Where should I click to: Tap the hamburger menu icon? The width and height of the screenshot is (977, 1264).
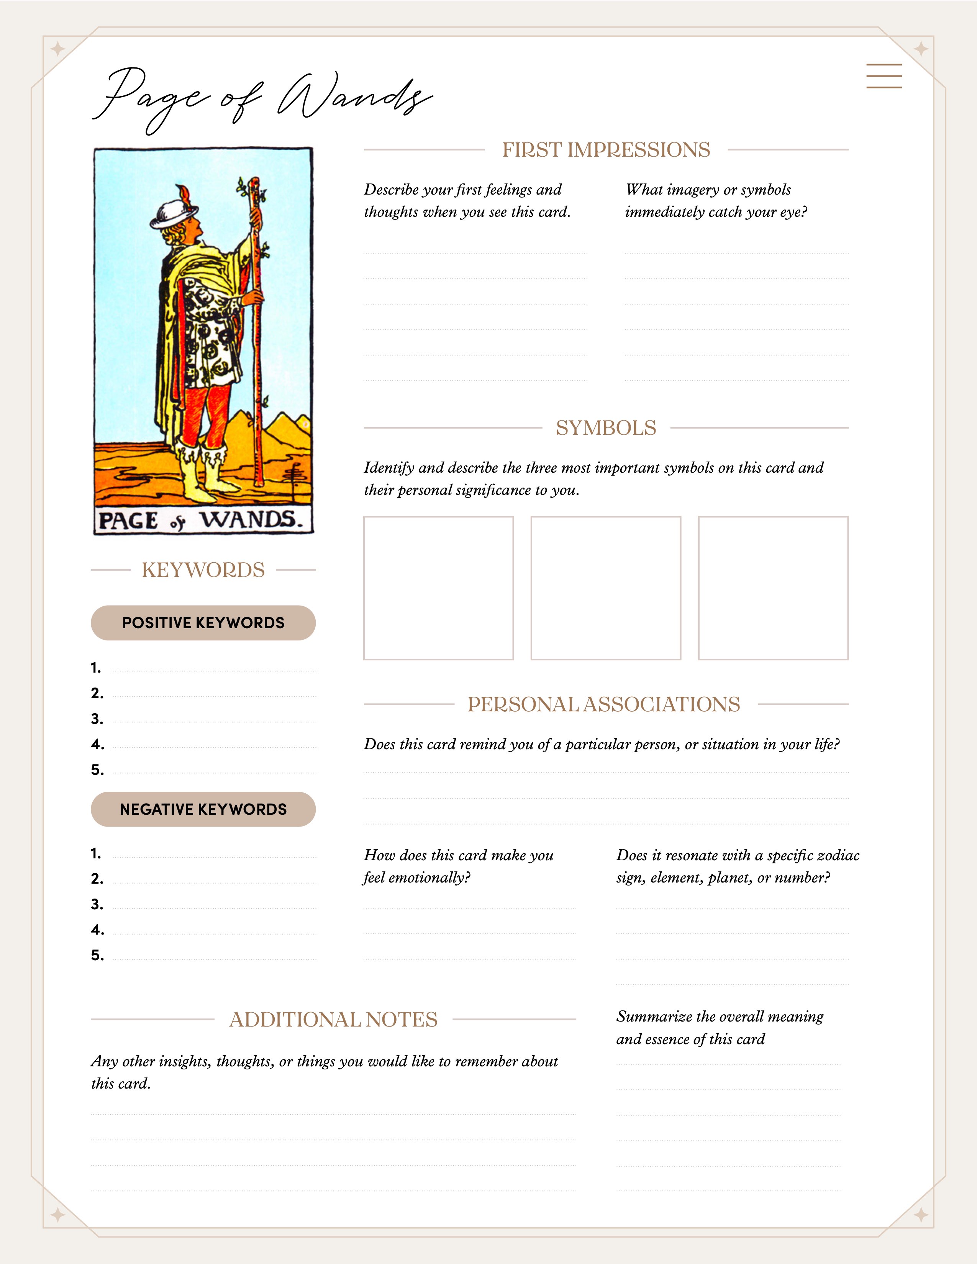884,76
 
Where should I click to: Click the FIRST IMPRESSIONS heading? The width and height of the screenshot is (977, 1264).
605,150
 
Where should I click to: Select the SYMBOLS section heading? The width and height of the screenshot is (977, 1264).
605,428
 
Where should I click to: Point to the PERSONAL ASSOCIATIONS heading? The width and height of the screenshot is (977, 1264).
604,704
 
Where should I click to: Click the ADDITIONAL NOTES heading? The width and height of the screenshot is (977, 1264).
333,1020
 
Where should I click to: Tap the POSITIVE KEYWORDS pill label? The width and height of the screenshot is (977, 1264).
203,623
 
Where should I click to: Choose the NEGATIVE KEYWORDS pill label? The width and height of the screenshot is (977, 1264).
203,809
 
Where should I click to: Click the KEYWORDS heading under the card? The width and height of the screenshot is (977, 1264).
203,570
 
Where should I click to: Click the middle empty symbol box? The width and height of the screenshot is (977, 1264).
605,588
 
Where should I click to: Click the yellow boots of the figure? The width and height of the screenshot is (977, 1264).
200,472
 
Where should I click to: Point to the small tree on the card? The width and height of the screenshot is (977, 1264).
295,478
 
